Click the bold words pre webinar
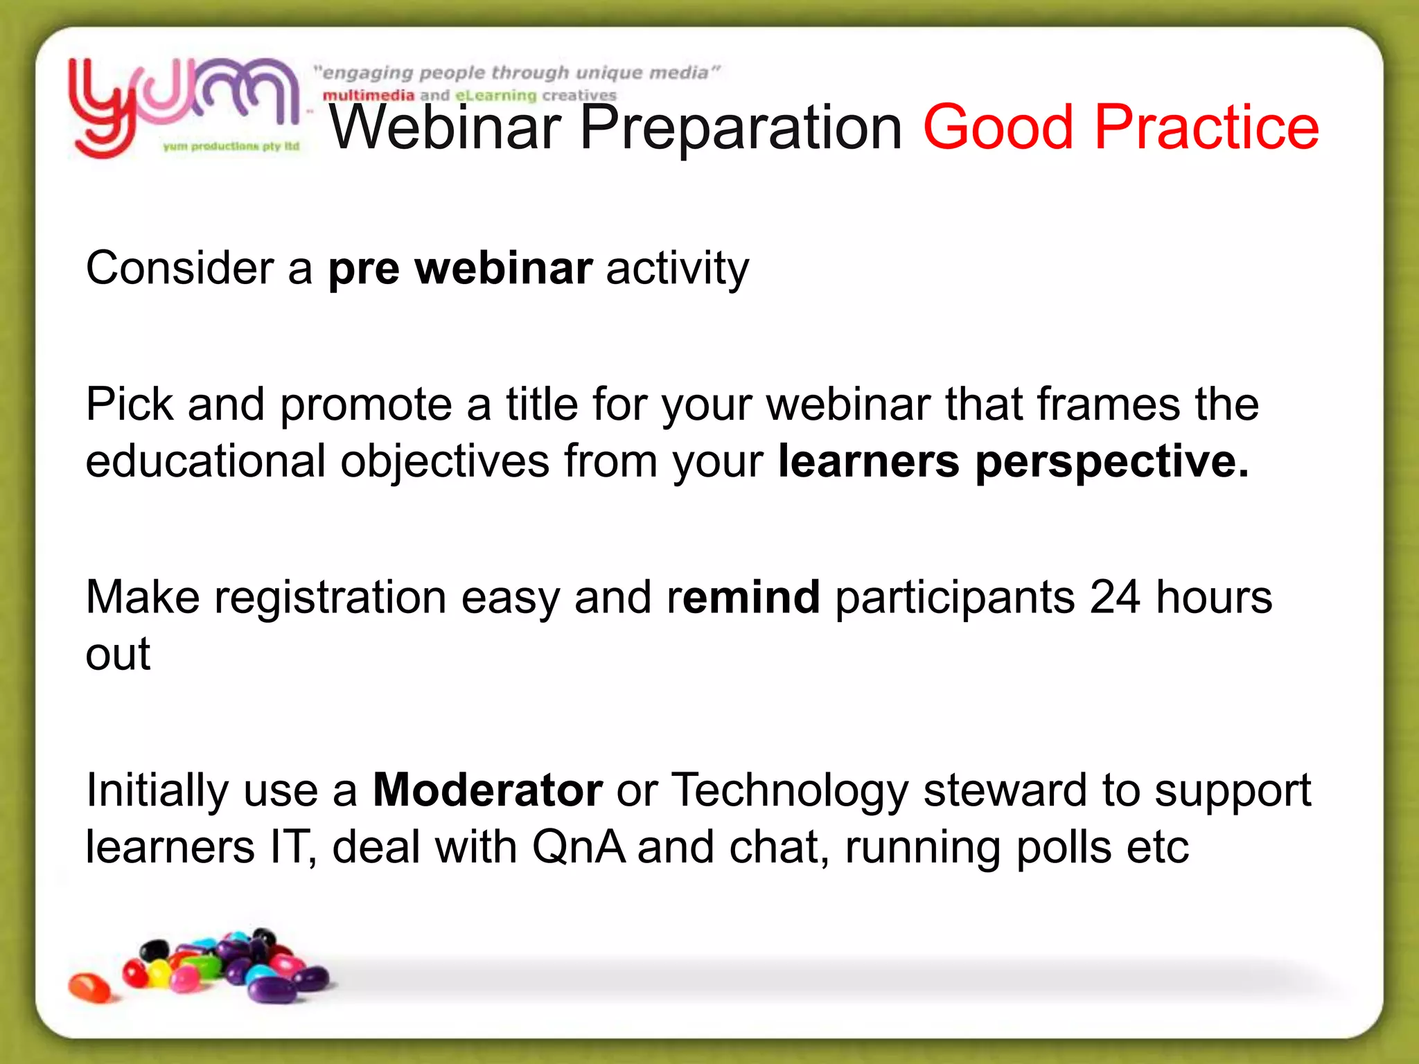pos(460,268)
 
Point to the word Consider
pos(179,268)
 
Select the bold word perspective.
pos(1111,461)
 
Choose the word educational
pos(205,461)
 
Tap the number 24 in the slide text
pos(1114,597)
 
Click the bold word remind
pos(744,597)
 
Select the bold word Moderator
pos(487,790)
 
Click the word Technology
pos(790,790)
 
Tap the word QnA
pos(578,847)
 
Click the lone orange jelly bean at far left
pos(89,986)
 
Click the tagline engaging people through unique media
pos(516,73)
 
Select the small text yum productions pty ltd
pos(231,146)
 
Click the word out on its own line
pos(118,654)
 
